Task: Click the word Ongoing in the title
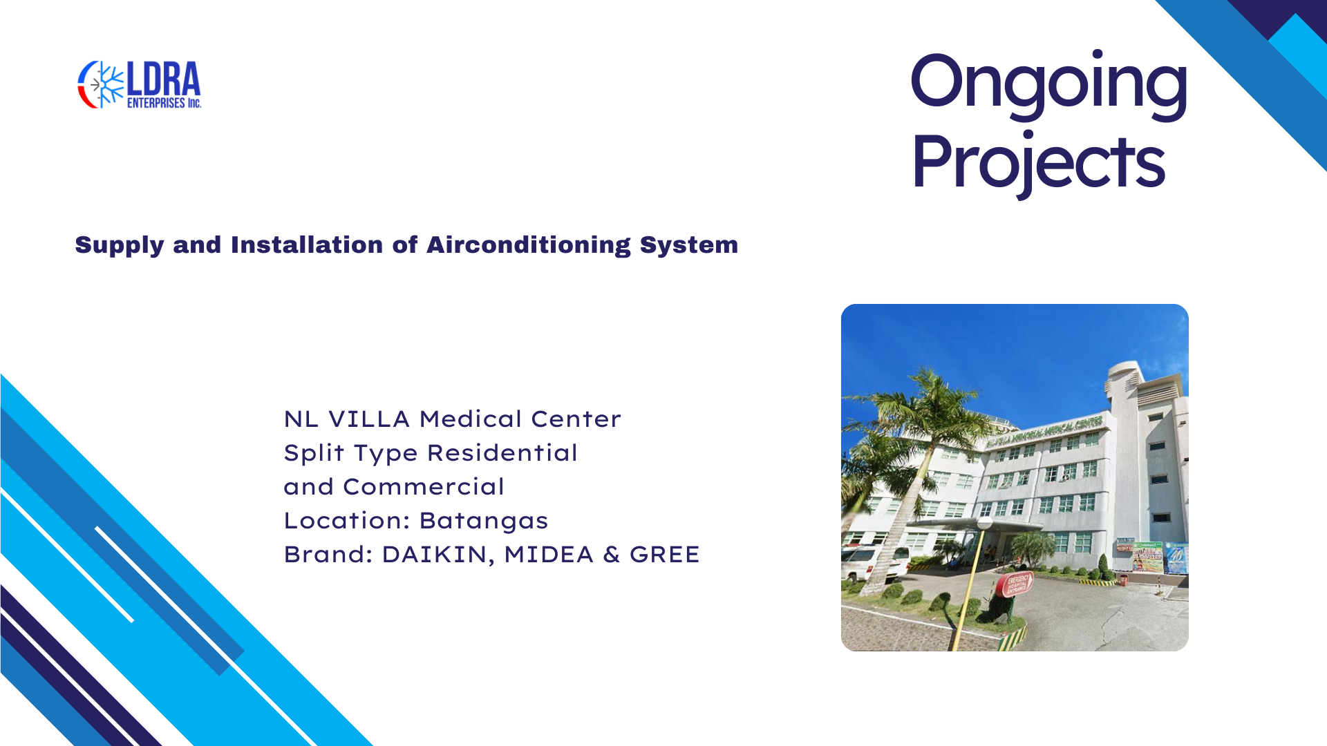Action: (x=1048, y=83)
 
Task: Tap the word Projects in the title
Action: (x=1038, y=162)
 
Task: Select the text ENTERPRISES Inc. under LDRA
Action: (x=164, y=103)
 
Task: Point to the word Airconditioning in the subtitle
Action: (x=529, y=245)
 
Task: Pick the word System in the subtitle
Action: (x=689, y=246)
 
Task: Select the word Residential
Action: (x=502, y=453)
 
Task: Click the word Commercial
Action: (x=424, y=487)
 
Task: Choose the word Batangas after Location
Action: (x=483, y=521)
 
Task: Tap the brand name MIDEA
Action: (x=549, y=555)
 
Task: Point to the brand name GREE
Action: (x=665, y=555)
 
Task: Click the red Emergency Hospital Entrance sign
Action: (x=1014, y=584)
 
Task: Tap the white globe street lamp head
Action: (x=984, y=524)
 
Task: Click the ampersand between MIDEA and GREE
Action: (x=612, y=555)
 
